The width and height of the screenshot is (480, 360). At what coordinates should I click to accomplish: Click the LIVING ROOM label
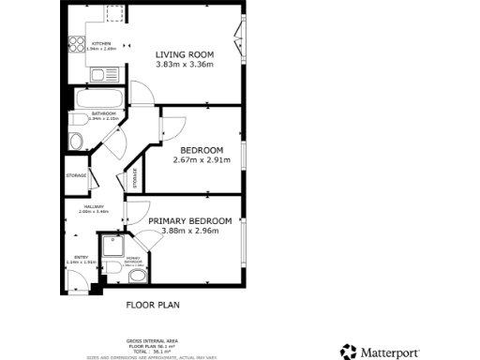[185, 54]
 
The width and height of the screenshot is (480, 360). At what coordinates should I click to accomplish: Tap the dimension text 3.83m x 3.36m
[185, 65]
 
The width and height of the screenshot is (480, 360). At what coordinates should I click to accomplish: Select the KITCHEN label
[100, 42]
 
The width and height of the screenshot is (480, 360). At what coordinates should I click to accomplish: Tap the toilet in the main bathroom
[76, 139]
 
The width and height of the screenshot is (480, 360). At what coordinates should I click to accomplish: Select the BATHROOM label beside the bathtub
[104, 113]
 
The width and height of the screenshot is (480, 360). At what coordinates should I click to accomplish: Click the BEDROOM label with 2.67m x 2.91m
[202, 150]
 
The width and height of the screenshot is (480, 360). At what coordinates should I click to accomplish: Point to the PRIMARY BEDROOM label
[189, 221]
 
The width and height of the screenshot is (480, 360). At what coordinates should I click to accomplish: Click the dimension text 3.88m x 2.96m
[189, 232]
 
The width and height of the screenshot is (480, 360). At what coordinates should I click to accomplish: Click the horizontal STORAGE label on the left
[76, 176]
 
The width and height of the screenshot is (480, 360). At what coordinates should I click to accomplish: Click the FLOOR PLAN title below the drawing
[153, 305]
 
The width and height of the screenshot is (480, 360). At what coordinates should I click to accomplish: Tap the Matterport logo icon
[348, 351]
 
